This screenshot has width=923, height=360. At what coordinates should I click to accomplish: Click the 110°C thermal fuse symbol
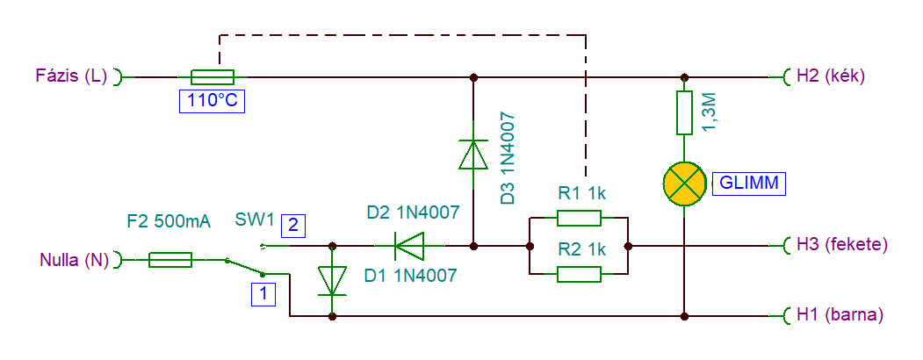click(213, 77)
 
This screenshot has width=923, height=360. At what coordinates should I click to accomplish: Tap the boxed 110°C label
click(212, 101)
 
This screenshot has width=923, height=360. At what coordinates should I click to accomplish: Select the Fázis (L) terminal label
click(72, 76)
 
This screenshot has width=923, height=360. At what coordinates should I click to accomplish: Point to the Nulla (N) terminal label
click(75, 260)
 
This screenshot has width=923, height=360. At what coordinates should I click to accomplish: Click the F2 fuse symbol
click(170, 259)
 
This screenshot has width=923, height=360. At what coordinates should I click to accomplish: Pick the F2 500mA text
click(169, 222)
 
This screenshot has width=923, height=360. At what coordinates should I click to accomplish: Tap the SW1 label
click(255, 220)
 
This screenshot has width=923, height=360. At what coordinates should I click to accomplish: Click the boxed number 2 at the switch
click(293, 226)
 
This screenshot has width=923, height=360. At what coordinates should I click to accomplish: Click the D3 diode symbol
click(473, 155)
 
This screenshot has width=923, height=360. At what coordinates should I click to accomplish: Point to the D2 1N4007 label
click(413, 213)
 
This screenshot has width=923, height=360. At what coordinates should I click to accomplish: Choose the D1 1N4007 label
click(410, 276)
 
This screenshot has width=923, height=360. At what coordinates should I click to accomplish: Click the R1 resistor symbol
click(580, 219)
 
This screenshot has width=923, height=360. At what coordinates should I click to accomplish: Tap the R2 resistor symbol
click(580, 274)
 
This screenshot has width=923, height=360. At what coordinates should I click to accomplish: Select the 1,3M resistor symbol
click(684, 112)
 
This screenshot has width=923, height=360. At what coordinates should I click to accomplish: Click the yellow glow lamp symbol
click(685, 184)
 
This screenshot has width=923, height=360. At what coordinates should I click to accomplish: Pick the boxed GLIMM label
click(749, 184)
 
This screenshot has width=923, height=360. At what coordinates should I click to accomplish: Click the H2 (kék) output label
click(830, 76)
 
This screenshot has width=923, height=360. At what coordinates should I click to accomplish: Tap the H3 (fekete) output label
click(841, 244)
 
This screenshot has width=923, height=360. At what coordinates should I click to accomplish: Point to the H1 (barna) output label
click(840, 315)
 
